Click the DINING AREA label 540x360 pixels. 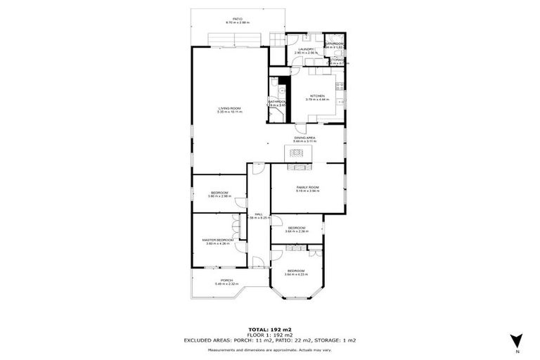(304, 137)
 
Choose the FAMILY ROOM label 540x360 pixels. (307, 186)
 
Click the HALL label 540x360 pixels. (259, 214)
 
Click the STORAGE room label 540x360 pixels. (337, 60)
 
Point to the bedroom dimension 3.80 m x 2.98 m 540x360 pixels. (219, 196)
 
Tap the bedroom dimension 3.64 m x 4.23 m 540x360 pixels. (296, 274)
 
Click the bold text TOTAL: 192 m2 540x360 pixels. (269, 329)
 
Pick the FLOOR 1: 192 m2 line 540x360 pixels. (269, 335)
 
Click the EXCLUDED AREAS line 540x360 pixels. (269, 340)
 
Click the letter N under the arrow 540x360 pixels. (517, 351)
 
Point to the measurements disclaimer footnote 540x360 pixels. (269, 350)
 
